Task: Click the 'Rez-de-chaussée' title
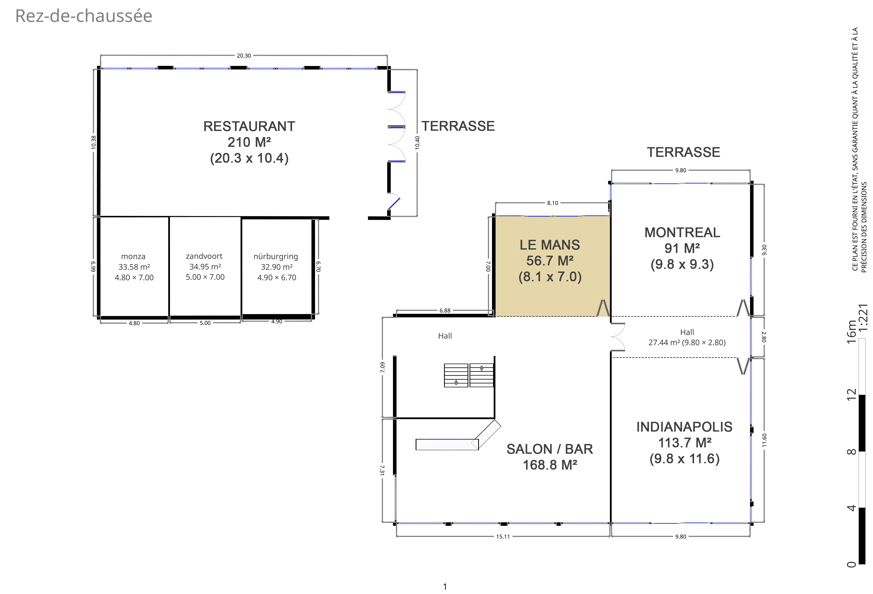pos(84,16)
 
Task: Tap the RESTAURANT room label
pos(249,127)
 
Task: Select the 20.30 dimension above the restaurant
pos(244,55)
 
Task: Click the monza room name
pos(133,256)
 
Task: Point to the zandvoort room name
pos(204,256)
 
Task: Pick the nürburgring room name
pos(276,256)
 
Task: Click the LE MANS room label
pos(550,245)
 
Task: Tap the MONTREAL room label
pos(682,232)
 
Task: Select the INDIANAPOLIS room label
pos(685,427)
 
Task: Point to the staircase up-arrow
pos(456,382)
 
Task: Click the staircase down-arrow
pos(482,368)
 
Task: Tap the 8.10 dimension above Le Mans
pos(553,203)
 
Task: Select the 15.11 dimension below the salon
pos(503,536)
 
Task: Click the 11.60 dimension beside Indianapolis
pos(764,440)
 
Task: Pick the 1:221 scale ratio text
pos(863,318)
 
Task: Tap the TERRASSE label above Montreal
pos(683,152)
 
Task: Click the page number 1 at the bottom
pos(445,587)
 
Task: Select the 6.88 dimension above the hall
pos(445,311)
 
